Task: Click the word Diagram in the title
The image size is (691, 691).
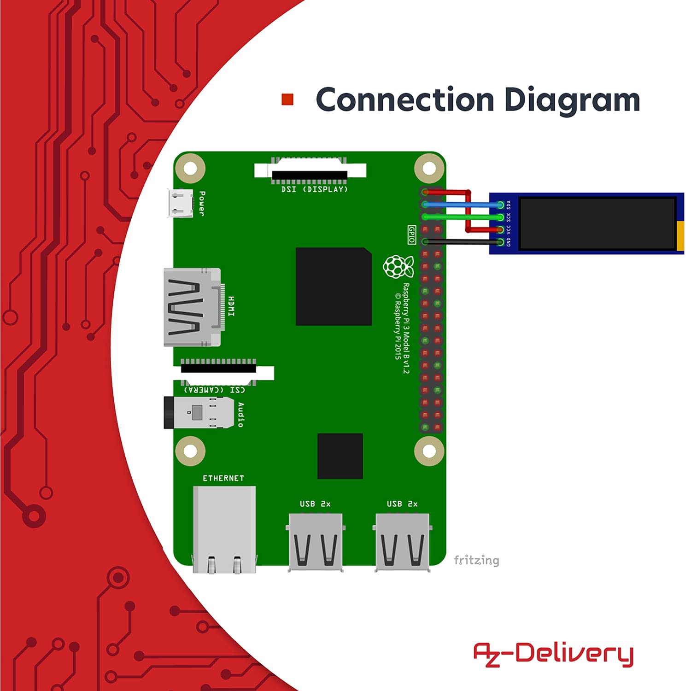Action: (x=572, y=100)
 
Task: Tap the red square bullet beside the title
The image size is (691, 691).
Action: (x=287, y=100)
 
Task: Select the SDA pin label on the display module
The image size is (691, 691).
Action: (x=509, y=204)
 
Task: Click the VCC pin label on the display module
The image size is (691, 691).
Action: (x=509, y=229)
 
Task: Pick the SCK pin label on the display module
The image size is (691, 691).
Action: (x=509, y=217)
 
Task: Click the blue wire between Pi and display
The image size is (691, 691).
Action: (x=461, y=205)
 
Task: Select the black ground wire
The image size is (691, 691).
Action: (x=461, y=241)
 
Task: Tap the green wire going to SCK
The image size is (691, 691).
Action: (x=461, y=217)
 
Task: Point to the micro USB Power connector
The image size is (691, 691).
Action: (x=180, y=203)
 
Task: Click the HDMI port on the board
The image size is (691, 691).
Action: (x=192, y=307)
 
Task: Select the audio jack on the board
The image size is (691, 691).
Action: (x=198, y=412)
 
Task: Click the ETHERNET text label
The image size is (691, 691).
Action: (x=223, y=478)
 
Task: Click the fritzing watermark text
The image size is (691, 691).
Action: (x=476, y=560)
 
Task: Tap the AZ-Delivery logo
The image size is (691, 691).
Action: (x=553, y=654)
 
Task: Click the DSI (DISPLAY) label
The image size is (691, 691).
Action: (x=315, y=189)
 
